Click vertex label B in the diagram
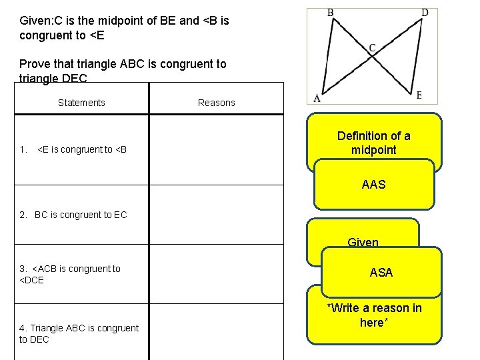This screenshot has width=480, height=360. point(331,13)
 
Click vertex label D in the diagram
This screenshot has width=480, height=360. point(425,13)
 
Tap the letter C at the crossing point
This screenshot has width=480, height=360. point(372,47)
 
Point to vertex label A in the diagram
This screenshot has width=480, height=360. point(317,97)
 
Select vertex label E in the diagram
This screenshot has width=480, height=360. point(419,95)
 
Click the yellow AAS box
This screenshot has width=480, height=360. point(373,184)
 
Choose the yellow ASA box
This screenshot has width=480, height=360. point(381,272)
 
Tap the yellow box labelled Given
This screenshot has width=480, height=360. point(363,242)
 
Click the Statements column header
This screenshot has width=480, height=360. point(81,103)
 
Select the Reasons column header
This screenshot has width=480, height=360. point(217,103)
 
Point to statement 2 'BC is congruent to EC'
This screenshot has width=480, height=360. point(73,215)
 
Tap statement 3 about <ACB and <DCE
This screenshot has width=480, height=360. point(70,274)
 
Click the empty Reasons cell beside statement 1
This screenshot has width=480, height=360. point(216,149)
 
